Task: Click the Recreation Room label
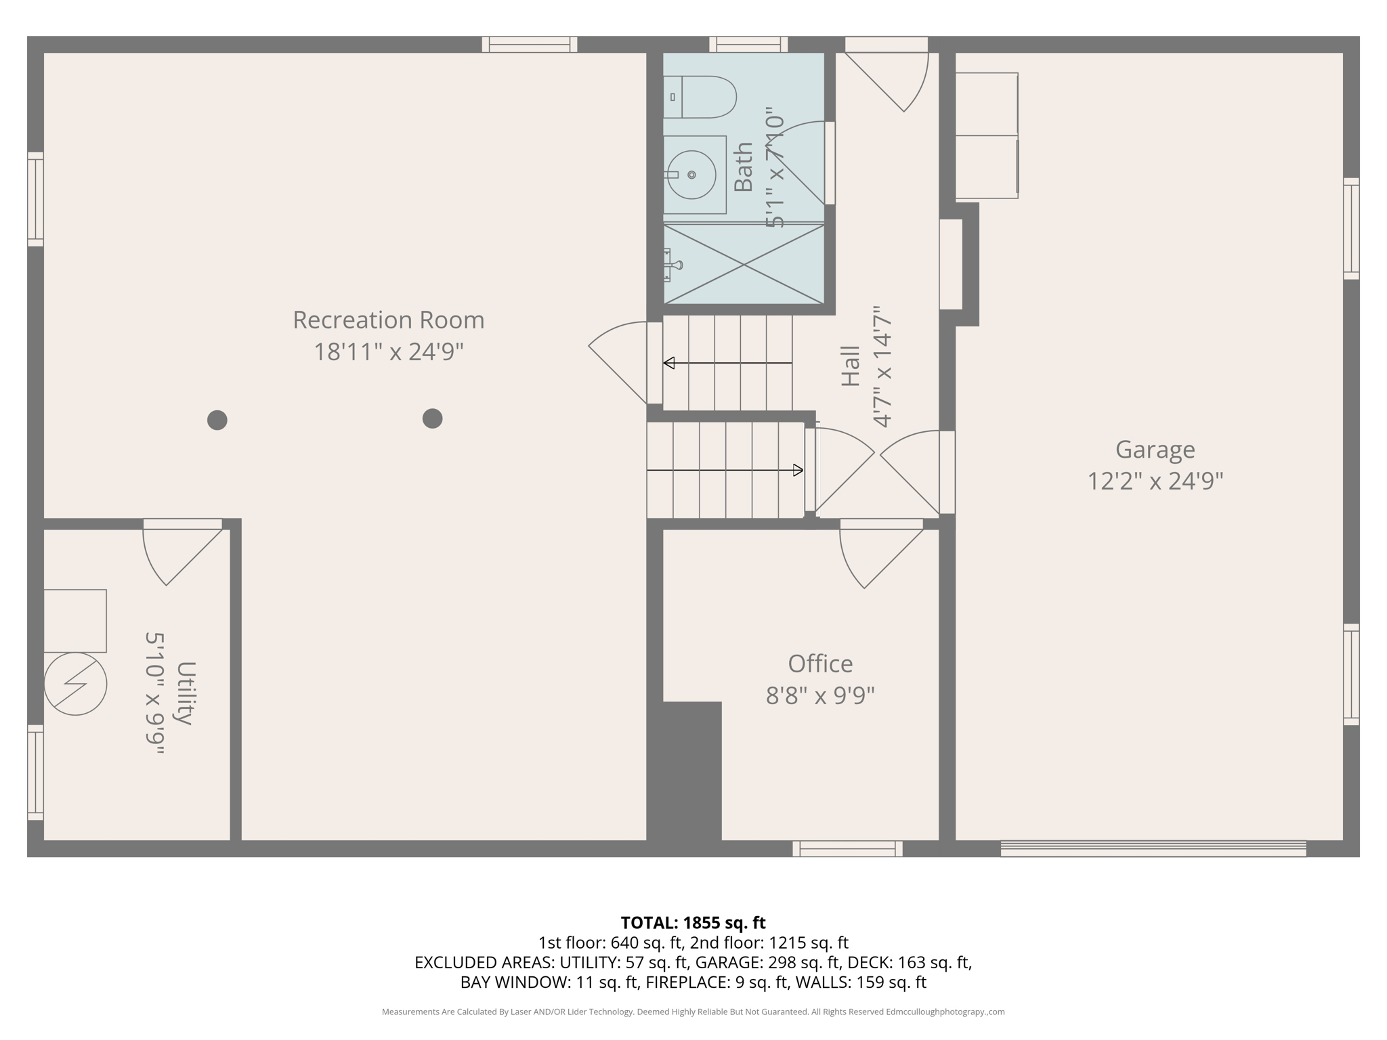[388, 320]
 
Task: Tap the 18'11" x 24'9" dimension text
[388, 352]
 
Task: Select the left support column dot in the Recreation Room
[217, 420]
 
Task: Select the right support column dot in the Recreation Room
[432, 418]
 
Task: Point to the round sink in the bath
[691, 175]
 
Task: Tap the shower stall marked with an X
[744, 264]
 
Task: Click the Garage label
[1155, 450]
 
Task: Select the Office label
[820, 664]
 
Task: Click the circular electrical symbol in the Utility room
[75, 684]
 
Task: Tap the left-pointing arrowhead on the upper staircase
[669, 363]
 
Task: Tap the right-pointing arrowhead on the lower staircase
[798, 470]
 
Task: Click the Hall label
[851, 366]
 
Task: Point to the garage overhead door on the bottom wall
[1153, 848]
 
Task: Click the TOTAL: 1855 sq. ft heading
[693, 923]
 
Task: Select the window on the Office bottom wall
[847, 848]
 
